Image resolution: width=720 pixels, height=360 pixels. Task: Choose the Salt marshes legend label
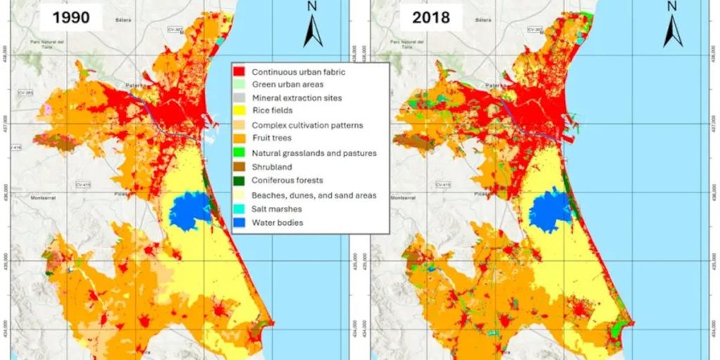point(276,209)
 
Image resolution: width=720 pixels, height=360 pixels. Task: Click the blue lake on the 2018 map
point(550,211)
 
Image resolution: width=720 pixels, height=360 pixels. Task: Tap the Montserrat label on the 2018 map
point(385,198)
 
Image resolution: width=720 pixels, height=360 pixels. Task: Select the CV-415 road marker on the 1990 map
point(83,184)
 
